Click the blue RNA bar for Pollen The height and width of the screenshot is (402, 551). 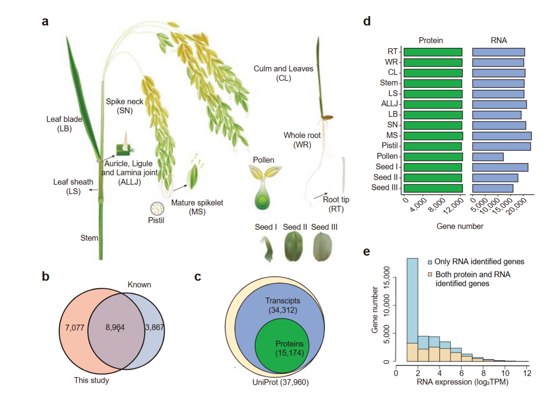click(x=488, y=157)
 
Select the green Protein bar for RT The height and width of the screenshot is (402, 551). click(x=433, y=52)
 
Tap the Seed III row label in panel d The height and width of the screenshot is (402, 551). click(x=384, y=188)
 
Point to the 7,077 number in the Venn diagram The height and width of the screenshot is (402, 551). click(x=75, y=327)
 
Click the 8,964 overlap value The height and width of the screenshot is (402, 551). click(x=115, y=327)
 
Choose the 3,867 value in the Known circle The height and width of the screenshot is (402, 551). click(x=154, y=327)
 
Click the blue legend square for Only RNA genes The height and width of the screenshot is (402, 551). click(x=430, y=262)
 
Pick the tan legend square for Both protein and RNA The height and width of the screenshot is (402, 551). click(x=430, y=275)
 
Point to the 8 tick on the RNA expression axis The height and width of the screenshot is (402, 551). click(x=484, y=373)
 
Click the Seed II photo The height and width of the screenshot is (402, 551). click(x=293, y=246)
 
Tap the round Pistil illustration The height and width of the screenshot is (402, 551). click(x=157, y=208)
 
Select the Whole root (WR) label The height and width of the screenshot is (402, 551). click(x=302, y=140)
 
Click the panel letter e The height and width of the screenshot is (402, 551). click(x=367, y=251)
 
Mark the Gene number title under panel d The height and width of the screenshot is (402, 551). click(x=460, y=226)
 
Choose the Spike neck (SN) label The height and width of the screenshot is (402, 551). click(x=125, y=106)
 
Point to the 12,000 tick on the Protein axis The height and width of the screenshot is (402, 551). click(x=454, y=205)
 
